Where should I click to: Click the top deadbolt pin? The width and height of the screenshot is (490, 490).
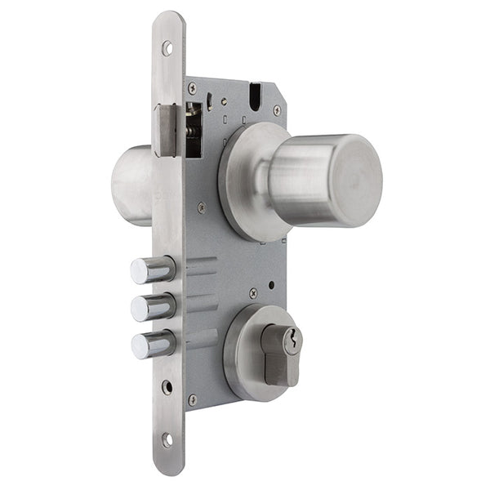(x=152, y=269)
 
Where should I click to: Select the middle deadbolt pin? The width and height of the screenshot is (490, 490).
(x=153, y=307)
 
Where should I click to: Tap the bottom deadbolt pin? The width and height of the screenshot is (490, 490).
(x=153, y=344)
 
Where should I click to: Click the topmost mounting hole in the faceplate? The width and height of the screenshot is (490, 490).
(x=167, y=48)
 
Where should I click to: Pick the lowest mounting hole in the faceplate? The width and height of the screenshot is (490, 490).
(x=167, y=439)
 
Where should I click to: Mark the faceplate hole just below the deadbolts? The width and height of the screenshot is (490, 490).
(x=167, y=386)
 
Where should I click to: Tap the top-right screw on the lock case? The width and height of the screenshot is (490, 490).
(x=277, y=109)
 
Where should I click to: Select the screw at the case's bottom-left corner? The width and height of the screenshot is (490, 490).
(x=193, y=399)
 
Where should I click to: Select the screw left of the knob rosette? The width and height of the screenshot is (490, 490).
(x=202, y=207)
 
